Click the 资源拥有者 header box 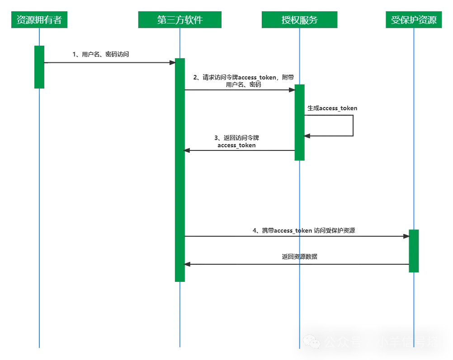tap(39, 19)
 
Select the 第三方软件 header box tap(179, 19)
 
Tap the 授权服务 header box tap(300, 19)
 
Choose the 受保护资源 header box tap(414, 19)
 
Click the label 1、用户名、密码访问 tap(100, 54)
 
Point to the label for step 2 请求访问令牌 tap(244, 81)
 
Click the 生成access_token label tap(332, 108)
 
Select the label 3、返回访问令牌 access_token tap(236, 141)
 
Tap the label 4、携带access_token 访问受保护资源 tap(304, 230)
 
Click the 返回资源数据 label tap(300, 257)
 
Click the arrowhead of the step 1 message tap(172, 62)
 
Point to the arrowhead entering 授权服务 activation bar tap(292, 90)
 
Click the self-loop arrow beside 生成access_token tap(353, 126)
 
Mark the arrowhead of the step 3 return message tap(187, 150)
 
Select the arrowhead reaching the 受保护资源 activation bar tap(406, 236)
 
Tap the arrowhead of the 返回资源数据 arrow tap(187, 264)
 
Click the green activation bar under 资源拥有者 tap(39, 67)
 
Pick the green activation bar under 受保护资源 tap(414, 251)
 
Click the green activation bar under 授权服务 tap(300, 122)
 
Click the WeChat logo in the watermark tap(311, 341)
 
